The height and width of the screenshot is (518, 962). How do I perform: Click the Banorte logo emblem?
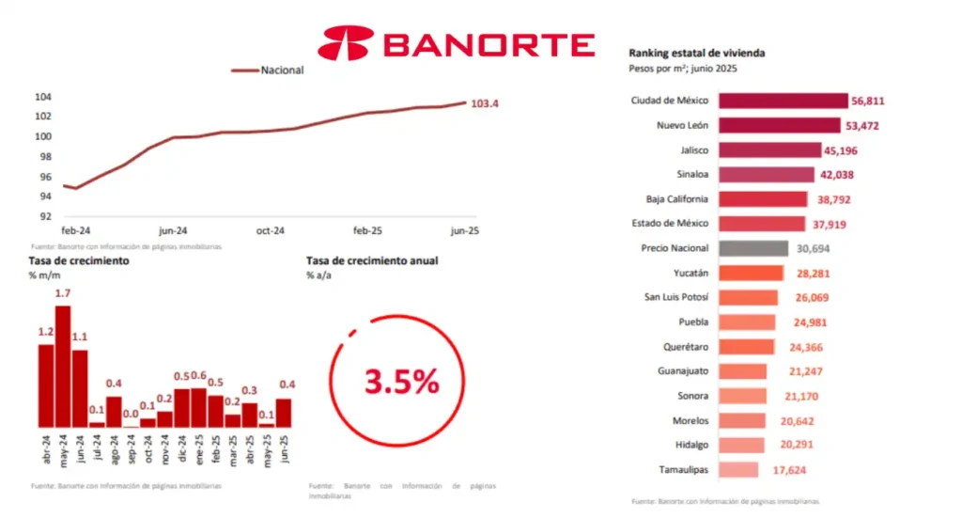coord(346,43)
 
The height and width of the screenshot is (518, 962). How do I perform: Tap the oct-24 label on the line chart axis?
coord(272,230)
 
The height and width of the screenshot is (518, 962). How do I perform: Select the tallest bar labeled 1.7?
coord(63,366)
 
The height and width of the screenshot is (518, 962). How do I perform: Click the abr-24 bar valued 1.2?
coord(46,385)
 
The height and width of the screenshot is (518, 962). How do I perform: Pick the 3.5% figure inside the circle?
coord(401,382)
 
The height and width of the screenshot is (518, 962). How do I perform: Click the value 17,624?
coord(784,469)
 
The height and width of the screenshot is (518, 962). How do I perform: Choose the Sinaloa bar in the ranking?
coord(767,174)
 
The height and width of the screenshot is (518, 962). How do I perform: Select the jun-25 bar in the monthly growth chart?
coord(284,413)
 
